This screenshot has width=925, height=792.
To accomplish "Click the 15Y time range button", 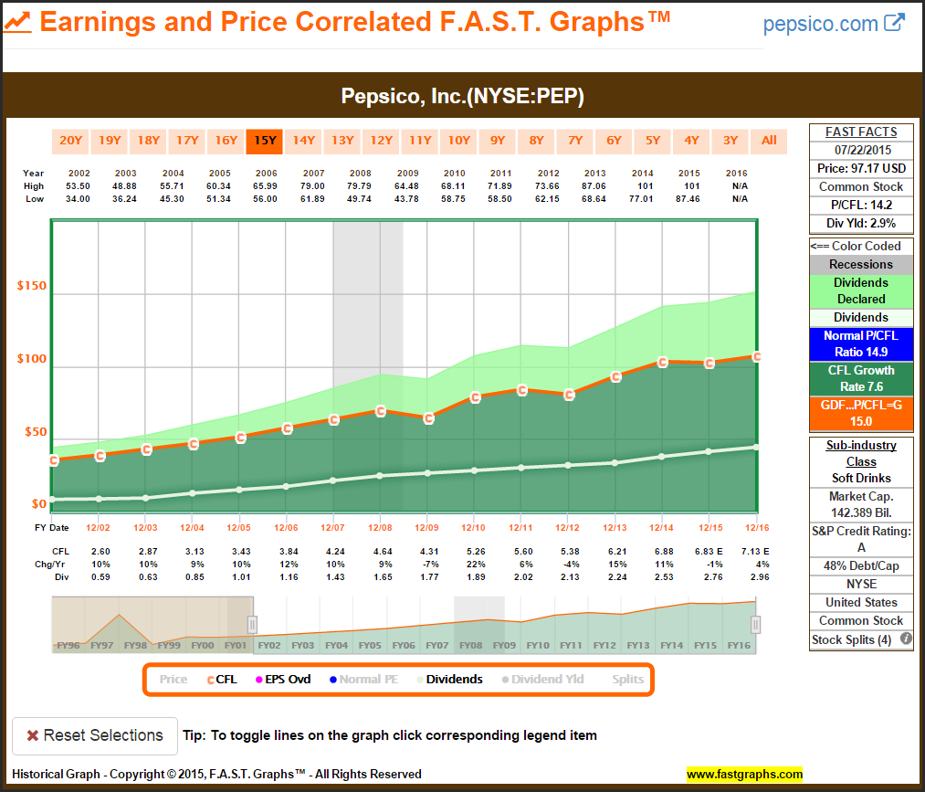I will (265, 141).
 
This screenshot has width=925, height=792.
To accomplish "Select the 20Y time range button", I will (70, 141).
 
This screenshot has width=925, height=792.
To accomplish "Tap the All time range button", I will (769, 141).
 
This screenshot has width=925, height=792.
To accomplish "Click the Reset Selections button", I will (95, 735).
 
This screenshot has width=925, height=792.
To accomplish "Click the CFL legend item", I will (222, 679).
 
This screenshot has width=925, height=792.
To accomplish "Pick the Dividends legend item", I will (454, 679).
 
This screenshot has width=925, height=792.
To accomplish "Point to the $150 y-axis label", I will (32, 286).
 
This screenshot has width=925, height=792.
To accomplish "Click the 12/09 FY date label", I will (426, 528).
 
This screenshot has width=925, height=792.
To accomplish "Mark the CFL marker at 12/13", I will (616, 376).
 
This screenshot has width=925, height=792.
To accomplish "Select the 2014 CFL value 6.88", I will (660, 551).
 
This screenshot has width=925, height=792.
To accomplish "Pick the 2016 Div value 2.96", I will (755, 576).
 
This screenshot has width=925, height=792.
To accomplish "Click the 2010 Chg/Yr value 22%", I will (473, 564).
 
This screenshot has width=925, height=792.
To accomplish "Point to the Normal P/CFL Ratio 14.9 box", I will (861, 343).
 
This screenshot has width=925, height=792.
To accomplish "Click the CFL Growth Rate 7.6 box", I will (861, 378).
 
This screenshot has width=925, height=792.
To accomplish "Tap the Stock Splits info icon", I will (906, 639).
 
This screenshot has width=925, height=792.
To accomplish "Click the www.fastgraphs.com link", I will (744, 775).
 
